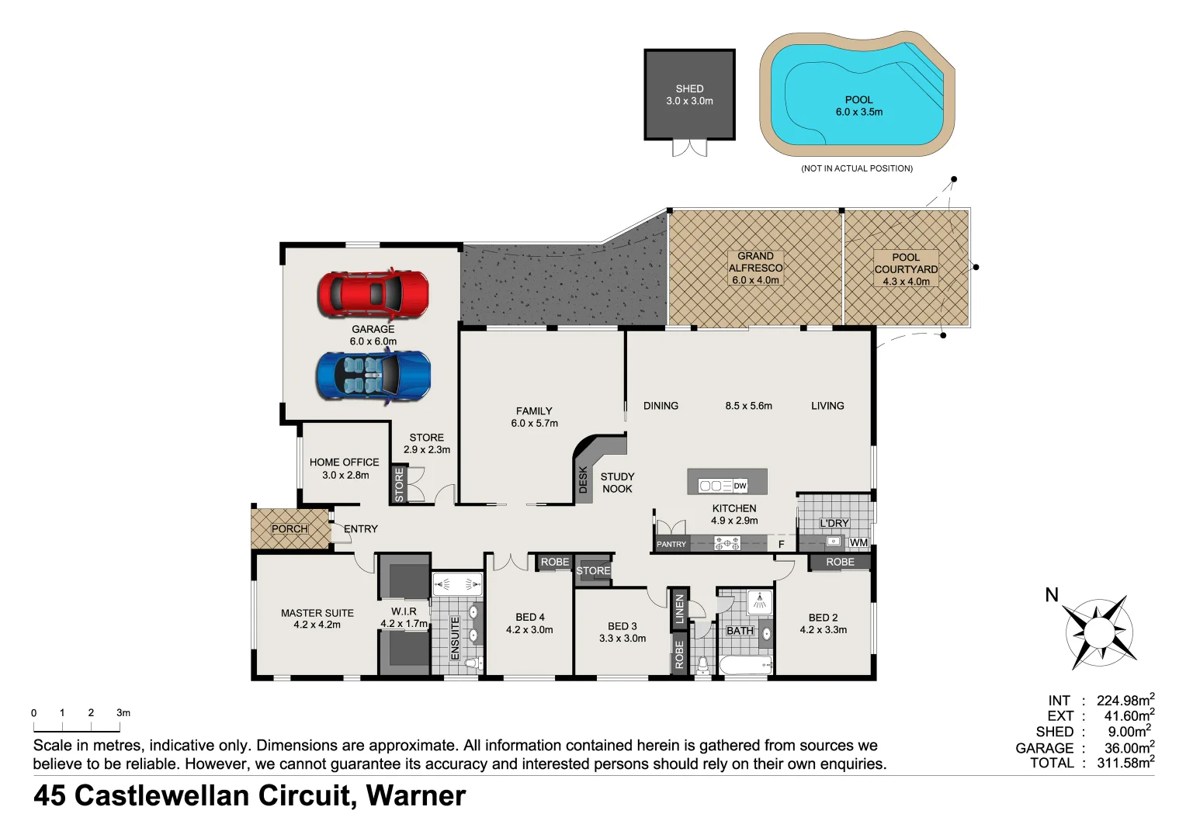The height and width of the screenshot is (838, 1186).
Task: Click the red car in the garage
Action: click(373, 294)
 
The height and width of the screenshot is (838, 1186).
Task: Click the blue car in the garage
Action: click(373, 376)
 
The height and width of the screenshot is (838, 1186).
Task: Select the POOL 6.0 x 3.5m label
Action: click(858, 106)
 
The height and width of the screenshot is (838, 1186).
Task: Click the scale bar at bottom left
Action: click(76, 728)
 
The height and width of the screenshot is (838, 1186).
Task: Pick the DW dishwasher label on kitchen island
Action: click(740, 486)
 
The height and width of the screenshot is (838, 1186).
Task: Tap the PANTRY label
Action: click(671, 544)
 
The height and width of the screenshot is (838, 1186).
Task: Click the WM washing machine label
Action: click(858, 542)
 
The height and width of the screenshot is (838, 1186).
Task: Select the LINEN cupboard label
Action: click(680, 608)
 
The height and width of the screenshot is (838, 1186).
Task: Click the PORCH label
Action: click(290, 529)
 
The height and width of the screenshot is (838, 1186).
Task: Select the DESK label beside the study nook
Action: click(584, 480)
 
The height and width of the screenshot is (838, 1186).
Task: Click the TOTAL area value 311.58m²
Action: click(1125, 763)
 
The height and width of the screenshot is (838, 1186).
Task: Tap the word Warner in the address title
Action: click(415, 796)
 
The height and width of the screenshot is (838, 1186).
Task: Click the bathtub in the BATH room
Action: click(745, 665)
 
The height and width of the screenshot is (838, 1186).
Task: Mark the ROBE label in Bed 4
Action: click(555, 562)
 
